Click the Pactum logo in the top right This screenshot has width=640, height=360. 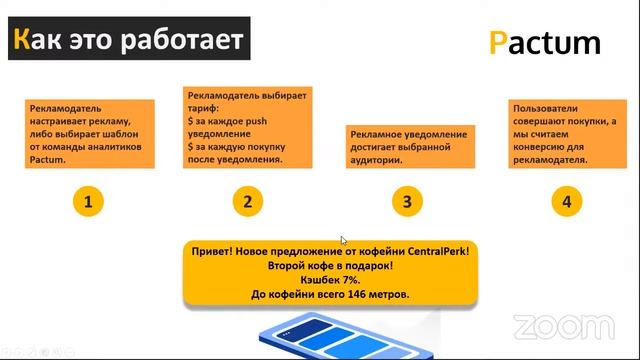[545, 42]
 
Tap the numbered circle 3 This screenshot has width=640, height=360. [406, 201]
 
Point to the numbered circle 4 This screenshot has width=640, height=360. [567, 201]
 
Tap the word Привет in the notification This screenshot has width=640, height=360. [214, 252]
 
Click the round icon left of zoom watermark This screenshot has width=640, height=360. [522, 326]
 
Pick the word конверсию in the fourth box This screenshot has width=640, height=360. [540, 146]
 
